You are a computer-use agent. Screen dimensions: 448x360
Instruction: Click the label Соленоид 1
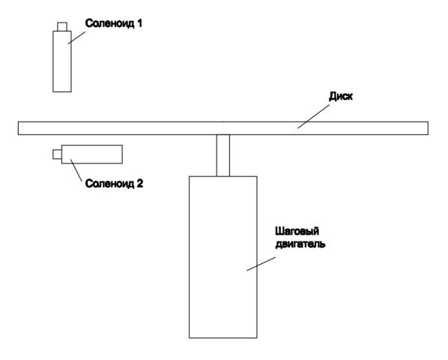coord(113,23)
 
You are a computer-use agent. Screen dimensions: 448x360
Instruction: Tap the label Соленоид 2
coord(114,184)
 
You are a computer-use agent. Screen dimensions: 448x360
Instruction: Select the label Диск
coord(341,96)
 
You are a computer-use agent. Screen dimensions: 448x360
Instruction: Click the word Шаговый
coord(297,231)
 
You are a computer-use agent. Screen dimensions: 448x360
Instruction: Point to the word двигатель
coord(300,244)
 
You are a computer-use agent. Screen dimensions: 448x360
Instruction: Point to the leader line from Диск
coord(313,116)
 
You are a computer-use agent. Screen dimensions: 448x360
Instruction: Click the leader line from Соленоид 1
coord(76,37)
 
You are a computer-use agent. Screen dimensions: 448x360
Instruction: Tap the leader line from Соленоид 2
coord(76,169)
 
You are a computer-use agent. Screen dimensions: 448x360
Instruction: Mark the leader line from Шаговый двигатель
coord(261,264)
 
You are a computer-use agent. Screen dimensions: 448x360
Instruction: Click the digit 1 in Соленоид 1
coord(139,23)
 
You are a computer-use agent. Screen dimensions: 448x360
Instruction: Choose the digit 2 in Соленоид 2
coord(139,183)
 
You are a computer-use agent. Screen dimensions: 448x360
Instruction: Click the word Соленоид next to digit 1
coord(109,23)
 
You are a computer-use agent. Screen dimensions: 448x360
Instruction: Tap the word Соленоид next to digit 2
coord(109,184)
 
